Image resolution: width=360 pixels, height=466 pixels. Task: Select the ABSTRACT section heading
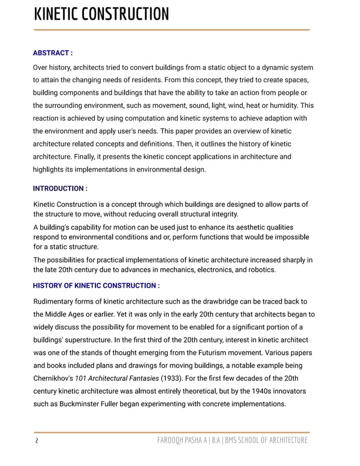(52, 53)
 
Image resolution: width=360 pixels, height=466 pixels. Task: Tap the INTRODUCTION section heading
(60, 188)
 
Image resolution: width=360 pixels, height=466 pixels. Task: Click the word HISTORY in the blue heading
(49, 286)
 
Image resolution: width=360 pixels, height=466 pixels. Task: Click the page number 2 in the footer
(36, 441)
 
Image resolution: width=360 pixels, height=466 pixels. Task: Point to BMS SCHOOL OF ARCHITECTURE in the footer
(266, 441)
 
